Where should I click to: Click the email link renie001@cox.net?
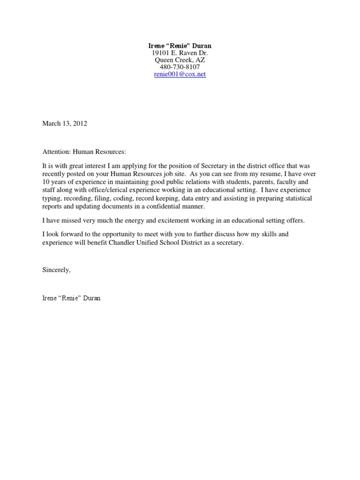pyautogui.click(x=180, y=75)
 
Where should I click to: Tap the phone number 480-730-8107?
pyautogui.click(x=180, y=67)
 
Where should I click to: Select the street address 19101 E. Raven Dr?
pyautogui.click(x=180, y=53)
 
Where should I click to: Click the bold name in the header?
pyautogui.click(x=180, y=46)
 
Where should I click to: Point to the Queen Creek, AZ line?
pyautogui.click(x=180, y=60)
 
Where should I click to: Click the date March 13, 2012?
pyautogui.click(x=65, y=124)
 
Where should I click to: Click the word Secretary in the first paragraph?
pyautogui.click(x=214, y=166)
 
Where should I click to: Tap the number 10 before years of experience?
pyautogui.click(x=46, y=182)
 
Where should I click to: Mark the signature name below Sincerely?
pyautogui.click(x=71, y=298)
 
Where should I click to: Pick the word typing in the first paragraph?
pyautogui.click(x=51, y=198)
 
